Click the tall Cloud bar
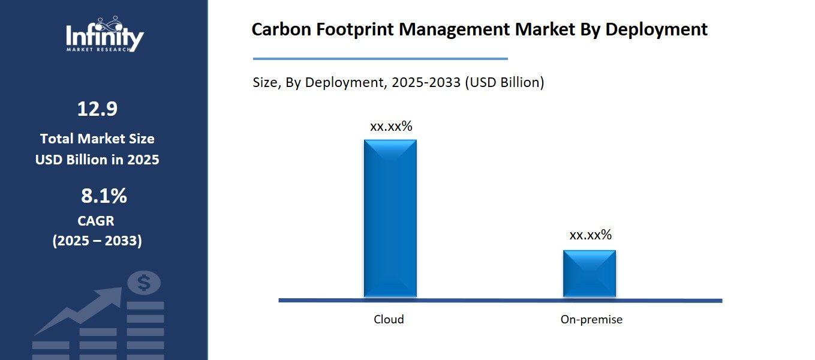390,219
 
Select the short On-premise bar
589,274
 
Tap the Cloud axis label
389,319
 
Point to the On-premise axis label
591,319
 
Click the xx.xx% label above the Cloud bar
391,127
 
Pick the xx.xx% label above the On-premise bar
590,235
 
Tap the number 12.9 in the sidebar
97,109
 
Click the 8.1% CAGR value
104,196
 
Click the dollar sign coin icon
144,282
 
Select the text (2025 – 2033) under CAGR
97,241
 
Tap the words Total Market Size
97,139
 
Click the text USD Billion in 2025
97,160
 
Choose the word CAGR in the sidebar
96,221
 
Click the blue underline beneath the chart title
380,59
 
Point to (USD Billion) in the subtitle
504,82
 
